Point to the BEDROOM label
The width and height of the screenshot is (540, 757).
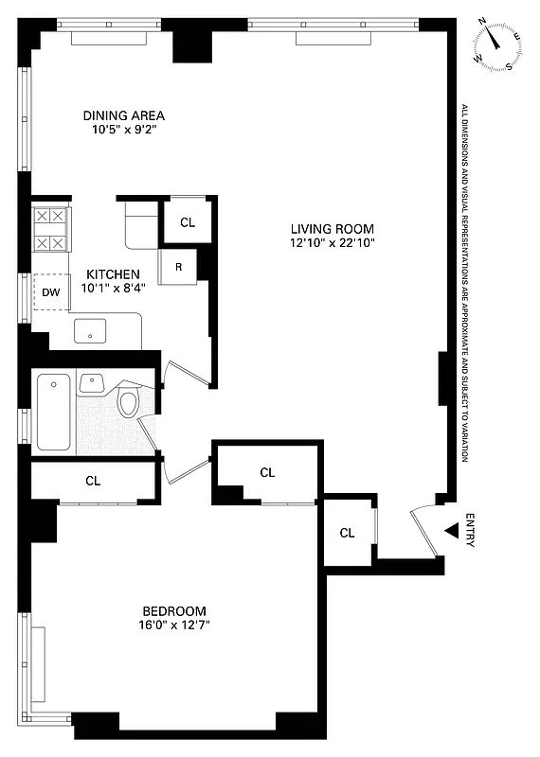pos(174,610)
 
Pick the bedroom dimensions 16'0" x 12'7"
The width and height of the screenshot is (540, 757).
pos(174,625)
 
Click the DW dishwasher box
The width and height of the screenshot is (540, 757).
pos(50,291)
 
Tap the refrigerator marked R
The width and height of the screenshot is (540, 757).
pos(178,266)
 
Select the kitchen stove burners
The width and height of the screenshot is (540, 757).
pos(49,230)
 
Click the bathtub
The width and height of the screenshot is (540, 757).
pos(54,412)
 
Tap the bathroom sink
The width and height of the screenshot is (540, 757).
pos(93,382)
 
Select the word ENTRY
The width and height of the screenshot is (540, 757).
pos(471,531)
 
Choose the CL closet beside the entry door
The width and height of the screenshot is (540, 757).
pos(348,532)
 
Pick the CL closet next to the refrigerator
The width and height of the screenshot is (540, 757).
pos(188,222)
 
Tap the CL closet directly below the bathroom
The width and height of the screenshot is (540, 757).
pos(93,480)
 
